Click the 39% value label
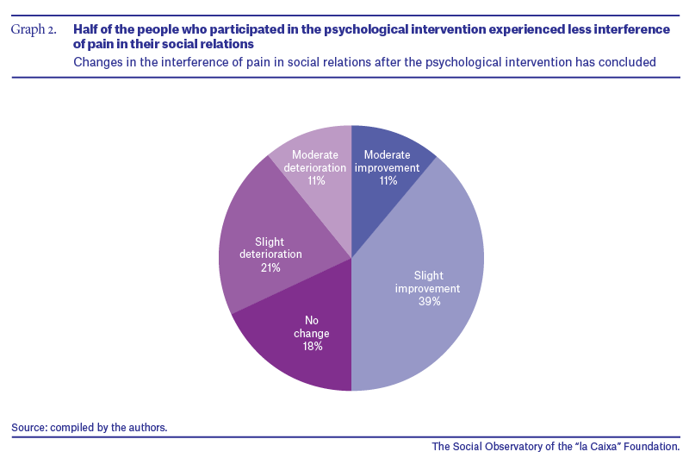tap(429, 301)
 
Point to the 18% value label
tap(313, 346)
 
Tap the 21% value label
tap(270, 267)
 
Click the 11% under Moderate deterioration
tap(316, 180)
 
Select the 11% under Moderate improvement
tap(388, 180)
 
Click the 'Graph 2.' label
tap(34, 29)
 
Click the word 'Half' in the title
tap(84, 29)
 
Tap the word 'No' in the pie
tap(312, 320)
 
